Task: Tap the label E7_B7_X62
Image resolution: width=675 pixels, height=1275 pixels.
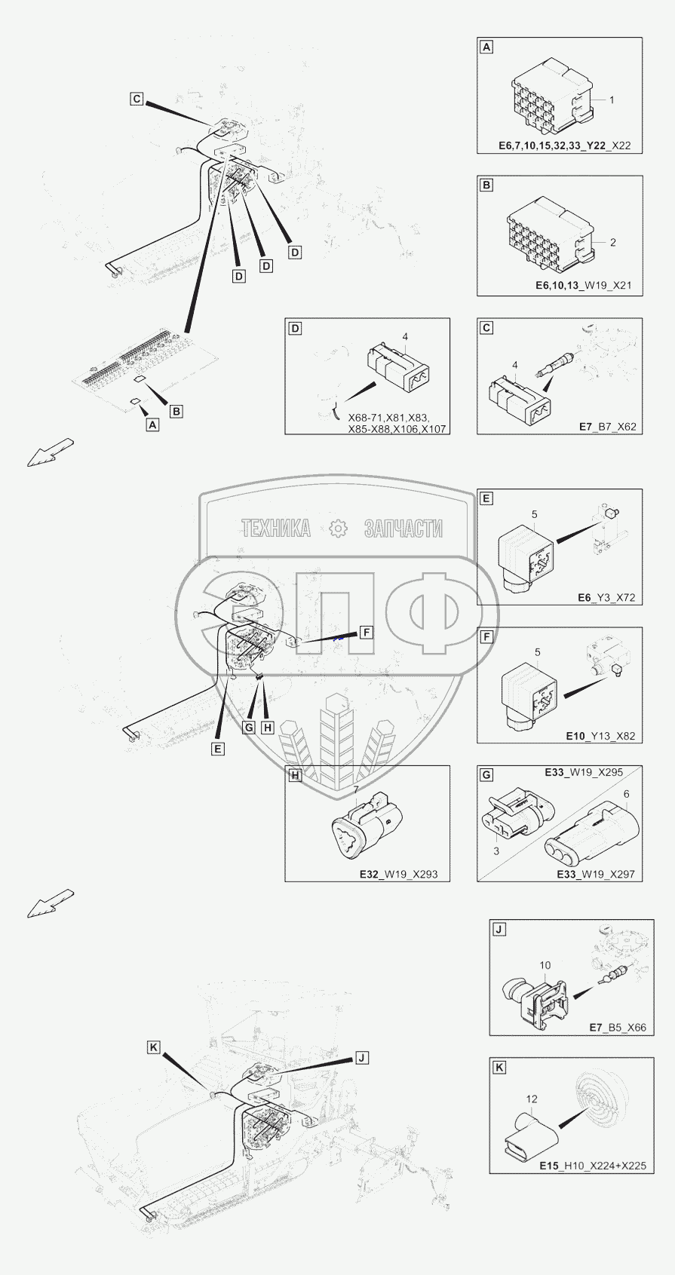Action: (607, 427)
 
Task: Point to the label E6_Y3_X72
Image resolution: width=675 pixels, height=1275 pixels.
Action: (606, 598)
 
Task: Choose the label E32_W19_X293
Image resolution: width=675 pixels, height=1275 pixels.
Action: (399, 875)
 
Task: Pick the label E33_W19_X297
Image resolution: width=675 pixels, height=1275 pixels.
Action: (595, 875)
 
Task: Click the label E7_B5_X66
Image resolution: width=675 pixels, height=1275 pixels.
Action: (618, 1028)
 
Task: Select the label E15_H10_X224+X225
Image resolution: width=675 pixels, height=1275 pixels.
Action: (592, 1166)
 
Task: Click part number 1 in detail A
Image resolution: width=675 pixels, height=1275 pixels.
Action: (612, 100)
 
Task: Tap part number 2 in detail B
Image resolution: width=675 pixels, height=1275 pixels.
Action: (612, 243)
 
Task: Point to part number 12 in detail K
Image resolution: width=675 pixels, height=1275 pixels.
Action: (532, 1099)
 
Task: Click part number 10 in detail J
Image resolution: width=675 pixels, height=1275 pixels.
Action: (545, 965)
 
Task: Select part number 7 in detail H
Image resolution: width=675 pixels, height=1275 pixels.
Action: (355, 789)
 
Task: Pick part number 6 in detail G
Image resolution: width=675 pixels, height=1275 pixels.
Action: (626, 794)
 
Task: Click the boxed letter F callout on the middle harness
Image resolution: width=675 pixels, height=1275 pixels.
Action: (366, 632)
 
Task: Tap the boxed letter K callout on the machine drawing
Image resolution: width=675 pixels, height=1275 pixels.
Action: (154, 1047)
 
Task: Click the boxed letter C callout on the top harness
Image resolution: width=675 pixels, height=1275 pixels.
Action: (136, 99)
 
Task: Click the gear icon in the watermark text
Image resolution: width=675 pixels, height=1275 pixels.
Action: (338, 529)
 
